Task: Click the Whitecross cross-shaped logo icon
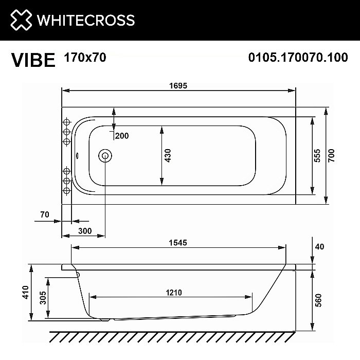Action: coord(21,20)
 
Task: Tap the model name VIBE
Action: coord(33,60)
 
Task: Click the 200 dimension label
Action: coord(122,136)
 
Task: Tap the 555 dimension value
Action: coord(317,156)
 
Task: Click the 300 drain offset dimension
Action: coord(85,231)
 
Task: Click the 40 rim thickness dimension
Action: coord(319,247)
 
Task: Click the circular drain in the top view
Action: coord(105,155)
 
